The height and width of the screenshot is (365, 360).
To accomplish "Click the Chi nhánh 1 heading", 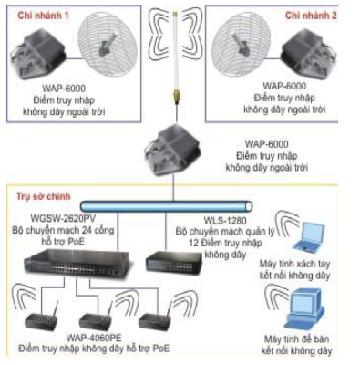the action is coord(43,16).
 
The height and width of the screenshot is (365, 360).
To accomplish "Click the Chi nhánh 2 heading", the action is coord(311,16).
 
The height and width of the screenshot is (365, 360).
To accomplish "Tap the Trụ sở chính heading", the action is coord(44,196).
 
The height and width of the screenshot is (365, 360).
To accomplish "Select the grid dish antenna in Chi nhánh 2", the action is coord(241,46).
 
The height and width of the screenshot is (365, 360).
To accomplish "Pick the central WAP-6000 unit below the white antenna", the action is coord(172,150).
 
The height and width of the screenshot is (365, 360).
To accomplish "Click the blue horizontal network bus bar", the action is coord(167,206).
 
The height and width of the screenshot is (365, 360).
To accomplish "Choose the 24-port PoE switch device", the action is coord(77,263).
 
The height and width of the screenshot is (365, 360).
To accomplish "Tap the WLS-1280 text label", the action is coord(225,220).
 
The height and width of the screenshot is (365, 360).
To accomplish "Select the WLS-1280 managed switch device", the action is coord(174,262).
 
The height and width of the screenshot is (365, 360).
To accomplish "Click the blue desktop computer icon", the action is coord(303,309).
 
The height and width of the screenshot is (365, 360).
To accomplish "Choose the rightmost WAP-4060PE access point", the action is coord(155,318).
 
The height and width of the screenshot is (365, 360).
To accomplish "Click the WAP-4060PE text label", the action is coord(94,338).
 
